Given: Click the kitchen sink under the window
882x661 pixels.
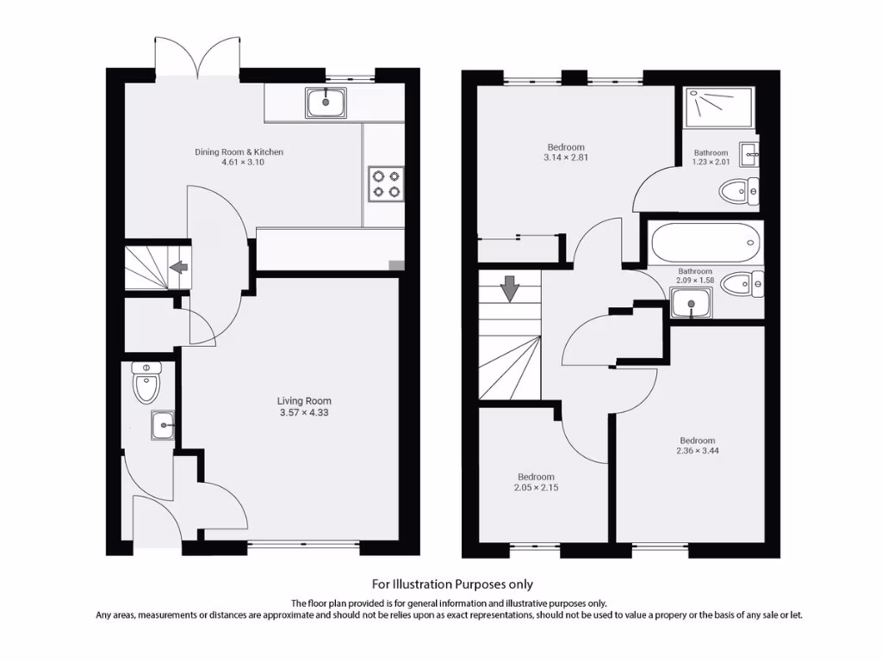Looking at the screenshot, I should [326, 103].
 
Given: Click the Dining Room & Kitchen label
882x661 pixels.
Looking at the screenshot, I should [239, 152].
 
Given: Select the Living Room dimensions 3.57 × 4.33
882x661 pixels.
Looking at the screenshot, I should [303, 413].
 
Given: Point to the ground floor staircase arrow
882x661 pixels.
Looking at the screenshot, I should [179, 268].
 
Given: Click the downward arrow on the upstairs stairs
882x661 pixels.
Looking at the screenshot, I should [510, 287].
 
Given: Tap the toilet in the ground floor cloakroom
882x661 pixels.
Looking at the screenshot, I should [147, 384].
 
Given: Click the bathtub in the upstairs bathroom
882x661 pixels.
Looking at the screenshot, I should [706, 244].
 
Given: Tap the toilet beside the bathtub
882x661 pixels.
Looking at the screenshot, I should [742, 284].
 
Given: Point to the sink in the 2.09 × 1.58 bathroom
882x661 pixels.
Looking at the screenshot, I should [690, 303].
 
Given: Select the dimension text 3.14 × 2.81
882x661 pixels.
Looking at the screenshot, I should [565, 158].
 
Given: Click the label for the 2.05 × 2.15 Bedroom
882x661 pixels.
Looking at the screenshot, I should [536, 477].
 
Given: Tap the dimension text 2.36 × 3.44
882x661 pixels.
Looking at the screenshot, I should [696, 450].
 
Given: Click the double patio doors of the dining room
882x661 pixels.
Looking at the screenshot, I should [197, 59].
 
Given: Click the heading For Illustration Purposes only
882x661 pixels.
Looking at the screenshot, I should [452, 584].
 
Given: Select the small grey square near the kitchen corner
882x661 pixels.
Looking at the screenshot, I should [395, 265].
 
